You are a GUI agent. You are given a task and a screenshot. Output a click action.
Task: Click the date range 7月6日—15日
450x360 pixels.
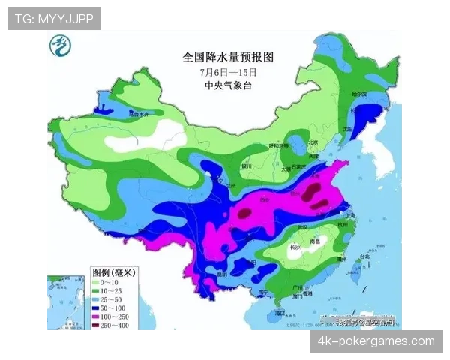(229, 72)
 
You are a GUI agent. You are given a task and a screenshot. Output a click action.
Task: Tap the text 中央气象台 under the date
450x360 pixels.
(229, 85)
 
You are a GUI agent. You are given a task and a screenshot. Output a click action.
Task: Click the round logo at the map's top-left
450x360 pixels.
(58, 47)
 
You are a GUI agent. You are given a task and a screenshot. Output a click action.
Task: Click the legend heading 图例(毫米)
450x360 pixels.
(112, 271)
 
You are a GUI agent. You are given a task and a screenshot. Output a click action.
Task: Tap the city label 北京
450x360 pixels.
(313, 142)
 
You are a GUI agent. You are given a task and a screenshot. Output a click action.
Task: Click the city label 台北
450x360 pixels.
(365, 256)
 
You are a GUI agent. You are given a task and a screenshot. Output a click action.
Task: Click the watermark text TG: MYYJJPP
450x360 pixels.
(54, 19)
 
